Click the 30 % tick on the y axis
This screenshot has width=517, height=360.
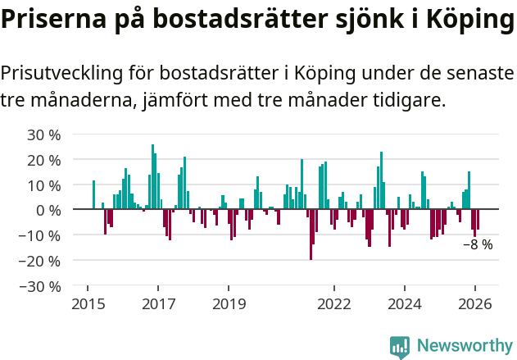pos(43,134)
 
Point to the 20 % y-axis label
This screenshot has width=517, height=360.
pos(43,159)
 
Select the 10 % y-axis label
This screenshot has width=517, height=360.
pos(43,185)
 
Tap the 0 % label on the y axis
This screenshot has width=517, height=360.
pos(48,210)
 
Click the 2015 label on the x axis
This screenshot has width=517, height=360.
pos(88,303)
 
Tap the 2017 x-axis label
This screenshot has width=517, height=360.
pos(159,303)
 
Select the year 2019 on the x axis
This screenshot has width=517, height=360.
pos(229,303)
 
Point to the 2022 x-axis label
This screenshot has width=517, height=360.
pos(334,303)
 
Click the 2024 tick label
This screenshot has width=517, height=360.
pos(405,303)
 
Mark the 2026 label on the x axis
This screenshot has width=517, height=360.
pos(475,303)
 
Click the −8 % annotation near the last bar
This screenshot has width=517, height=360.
pos(478,244)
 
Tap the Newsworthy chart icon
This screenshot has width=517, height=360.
pos(400,347)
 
